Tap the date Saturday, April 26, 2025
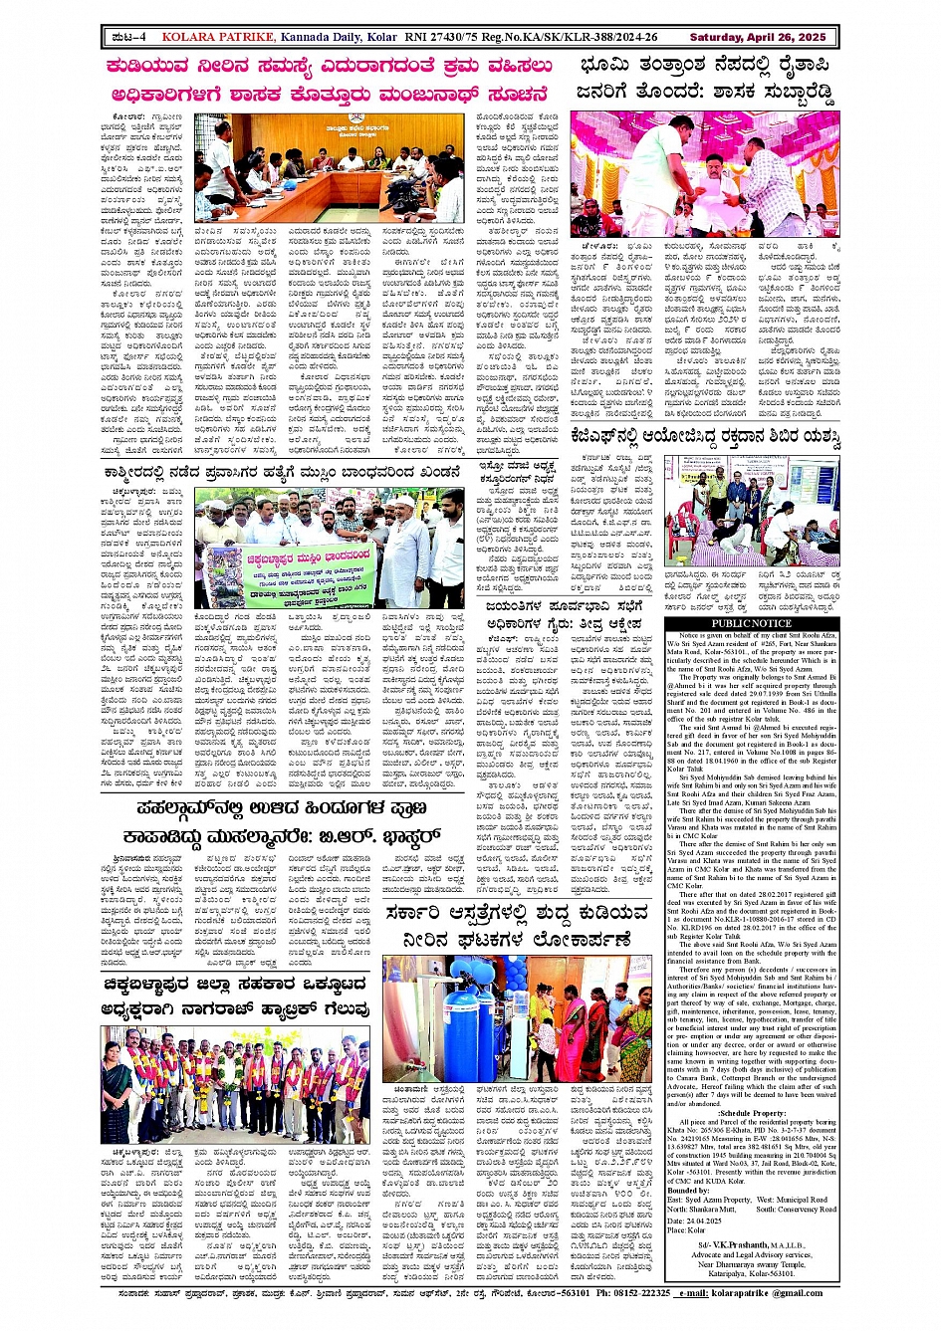[758, 37]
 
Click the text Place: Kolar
[686, 1229]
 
